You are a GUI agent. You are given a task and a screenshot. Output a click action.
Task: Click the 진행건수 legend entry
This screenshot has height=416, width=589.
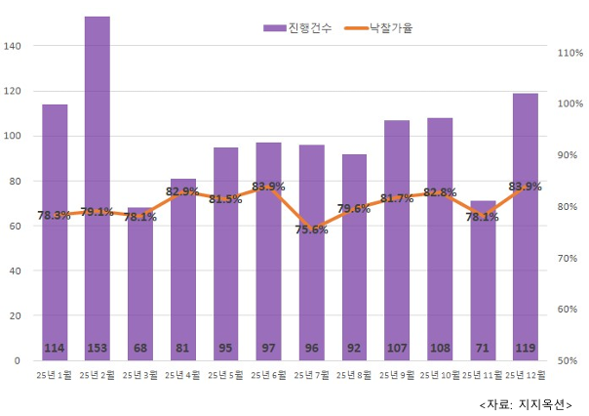[298, 28]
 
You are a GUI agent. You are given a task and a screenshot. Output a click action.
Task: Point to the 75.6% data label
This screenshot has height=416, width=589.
[312, 229]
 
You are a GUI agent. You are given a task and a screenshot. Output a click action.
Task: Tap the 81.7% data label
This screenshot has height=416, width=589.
[397, 198]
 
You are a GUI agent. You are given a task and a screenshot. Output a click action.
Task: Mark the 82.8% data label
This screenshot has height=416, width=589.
[440, 193]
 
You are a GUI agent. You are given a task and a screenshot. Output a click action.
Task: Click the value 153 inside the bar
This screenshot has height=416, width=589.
[98, 348]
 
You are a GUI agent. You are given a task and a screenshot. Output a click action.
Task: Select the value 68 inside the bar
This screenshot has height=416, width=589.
[140, 348]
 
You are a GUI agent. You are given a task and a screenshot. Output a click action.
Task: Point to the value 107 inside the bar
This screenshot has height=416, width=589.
[397, 348]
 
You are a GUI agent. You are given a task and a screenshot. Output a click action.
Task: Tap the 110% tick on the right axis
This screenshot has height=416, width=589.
[569, 53]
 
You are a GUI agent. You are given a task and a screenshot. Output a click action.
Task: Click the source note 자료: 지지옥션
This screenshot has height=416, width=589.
[526, 403]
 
